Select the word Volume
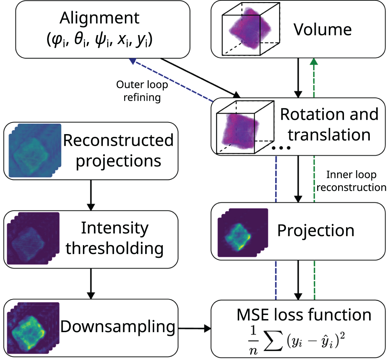pos(322,30)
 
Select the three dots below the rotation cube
pos(281,148)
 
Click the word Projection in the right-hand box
pos(315,231)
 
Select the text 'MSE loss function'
pos(304,315)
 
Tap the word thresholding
pos(115,248)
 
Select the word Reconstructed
pos(118,140)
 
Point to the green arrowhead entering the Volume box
pos(313,62)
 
